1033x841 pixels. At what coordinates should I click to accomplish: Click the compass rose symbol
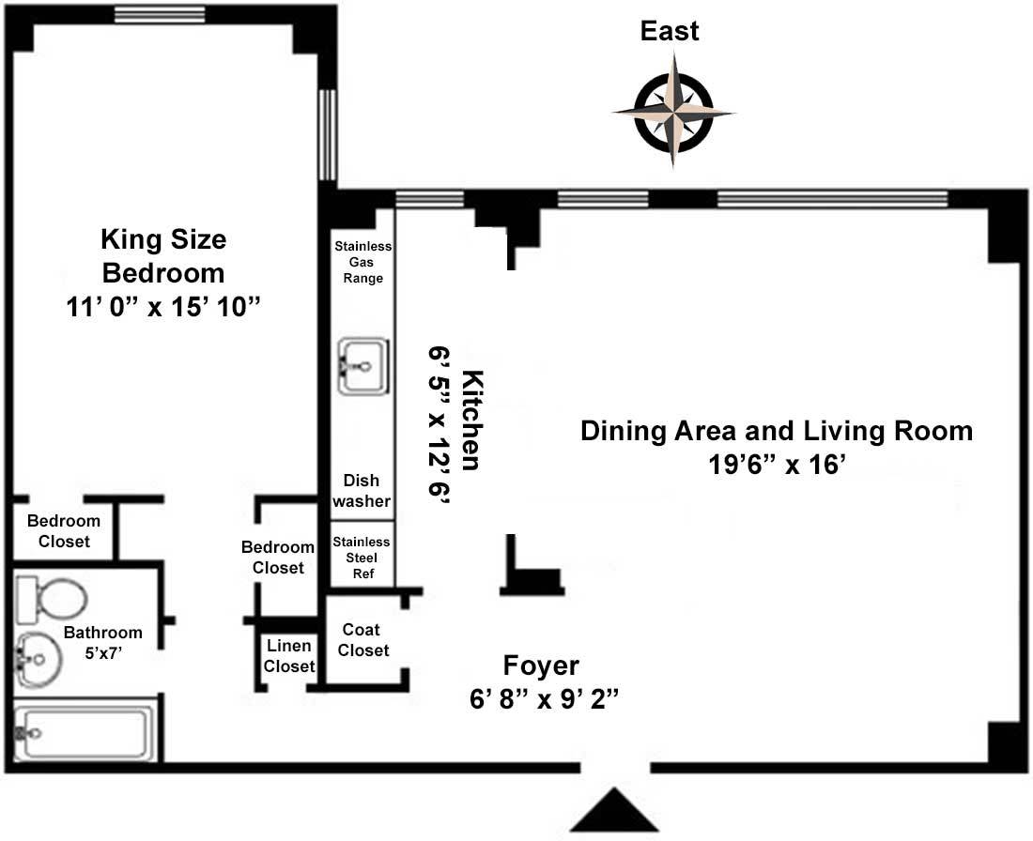point(674,112)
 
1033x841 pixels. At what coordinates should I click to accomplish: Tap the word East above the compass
point(670,31)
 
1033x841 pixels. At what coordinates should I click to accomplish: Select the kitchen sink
point(363,366)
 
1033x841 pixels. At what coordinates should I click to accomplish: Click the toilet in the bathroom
point(51,600)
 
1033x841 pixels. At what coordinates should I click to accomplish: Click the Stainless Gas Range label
point(363,262)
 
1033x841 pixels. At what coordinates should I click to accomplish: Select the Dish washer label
point(361,491)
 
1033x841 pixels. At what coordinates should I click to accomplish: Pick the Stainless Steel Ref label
point(362,558)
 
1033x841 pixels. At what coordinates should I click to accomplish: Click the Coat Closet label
point(362,640)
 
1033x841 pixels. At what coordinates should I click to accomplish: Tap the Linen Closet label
point(288,656)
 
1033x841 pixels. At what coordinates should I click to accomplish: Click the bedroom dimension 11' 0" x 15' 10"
point(163,307)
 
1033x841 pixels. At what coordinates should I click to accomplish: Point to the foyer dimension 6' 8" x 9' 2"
point(543,698)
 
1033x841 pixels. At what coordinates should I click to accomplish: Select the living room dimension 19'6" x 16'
point(776,465)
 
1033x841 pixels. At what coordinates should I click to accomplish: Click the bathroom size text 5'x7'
point(103,653)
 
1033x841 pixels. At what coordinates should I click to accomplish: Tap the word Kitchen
point(471,420)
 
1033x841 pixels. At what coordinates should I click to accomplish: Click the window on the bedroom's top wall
point(160,14)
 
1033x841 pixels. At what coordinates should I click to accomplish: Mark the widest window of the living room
point(832,198)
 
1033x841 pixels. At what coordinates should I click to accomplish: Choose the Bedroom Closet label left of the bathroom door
point(64,531)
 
